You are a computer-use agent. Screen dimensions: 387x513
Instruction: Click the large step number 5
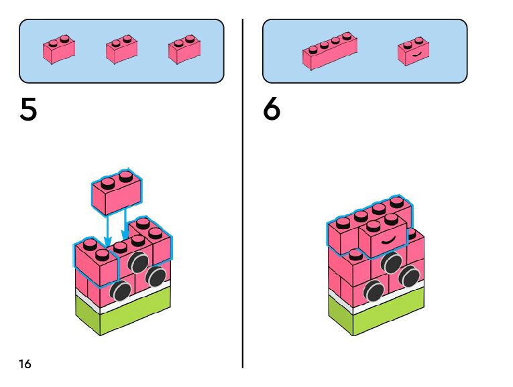coord(28,109)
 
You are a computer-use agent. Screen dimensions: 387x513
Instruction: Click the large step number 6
coord(272,109)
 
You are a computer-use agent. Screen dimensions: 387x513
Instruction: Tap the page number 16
coord(25,364)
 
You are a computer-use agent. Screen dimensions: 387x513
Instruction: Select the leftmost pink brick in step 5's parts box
coord(59,50)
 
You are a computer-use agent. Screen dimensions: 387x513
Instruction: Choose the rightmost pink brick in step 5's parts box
coord(184,50)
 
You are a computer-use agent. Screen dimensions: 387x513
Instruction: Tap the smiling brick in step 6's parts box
coord(413,52)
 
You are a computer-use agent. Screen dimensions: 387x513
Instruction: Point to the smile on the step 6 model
coord(388,238)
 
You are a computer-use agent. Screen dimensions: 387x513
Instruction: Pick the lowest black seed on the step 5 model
coord(121,291)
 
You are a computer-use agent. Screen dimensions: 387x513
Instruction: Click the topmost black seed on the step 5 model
coord(139,262)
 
